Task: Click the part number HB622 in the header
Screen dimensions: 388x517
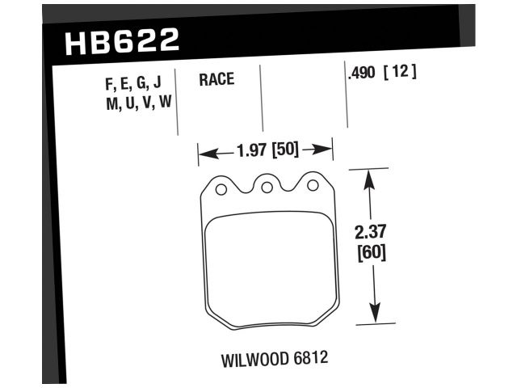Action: click(120, 40)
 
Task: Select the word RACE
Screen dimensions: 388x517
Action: click(216, 79)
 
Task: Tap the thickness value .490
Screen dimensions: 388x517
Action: click(361, 73)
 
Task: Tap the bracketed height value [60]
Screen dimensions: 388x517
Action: click(371, 252)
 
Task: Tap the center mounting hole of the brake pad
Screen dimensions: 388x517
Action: click(266, 187)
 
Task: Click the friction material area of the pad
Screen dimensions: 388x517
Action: click(266, 267)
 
